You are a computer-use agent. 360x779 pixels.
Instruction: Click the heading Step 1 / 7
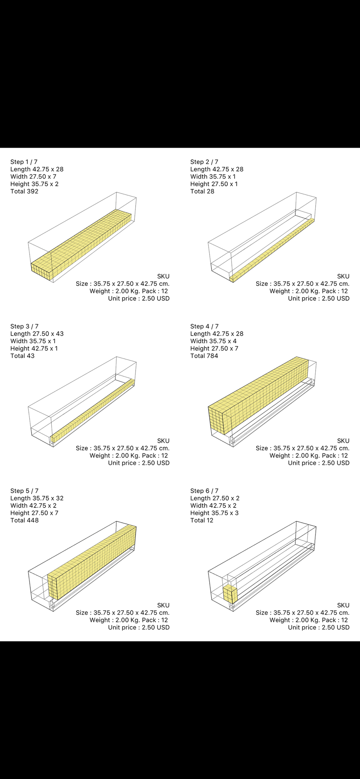[x=24, y=162]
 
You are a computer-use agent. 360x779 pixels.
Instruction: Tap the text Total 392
[x=25, y=192]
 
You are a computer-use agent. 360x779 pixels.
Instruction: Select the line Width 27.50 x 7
[x=34, y=177]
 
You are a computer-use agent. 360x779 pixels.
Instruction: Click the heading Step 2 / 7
[x=204, y=162]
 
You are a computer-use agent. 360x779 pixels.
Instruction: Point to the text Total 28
[x=202, y=192]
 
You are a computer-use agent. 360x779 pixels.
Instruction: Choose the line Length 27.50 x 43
[x=37, y=334]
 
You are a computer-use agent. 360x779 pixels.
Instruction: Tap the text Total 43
[x=23, y=356]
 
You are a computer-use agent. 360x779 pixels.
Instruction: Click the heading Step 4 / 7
[x=205, y=326]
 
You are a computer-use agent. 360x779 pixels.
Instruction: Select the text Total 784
[x=204, y=356]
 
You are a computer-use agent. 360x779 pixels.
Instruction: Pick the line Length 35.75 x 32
[x=37, y=498]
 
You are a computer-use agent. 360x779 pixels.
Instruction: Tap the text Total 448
[x=25, y=520]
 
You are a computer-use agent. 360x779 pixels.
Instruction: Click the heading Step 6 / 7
[x=205, y=491]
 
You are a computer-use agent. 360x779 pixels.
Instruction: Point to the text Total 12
[x=202, y=520]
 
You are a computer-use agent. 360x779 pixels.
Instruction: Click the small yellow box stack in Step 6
[x=230, y=594]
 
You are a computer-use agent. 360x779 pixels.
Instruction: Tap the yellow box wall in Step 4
[x=258, y=395]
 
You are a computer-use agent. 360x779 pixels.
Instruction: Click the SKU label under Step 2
[x=343, y=277]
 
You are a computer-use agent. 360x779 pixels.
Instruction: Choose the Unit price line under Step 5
[x=139, y=627]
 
